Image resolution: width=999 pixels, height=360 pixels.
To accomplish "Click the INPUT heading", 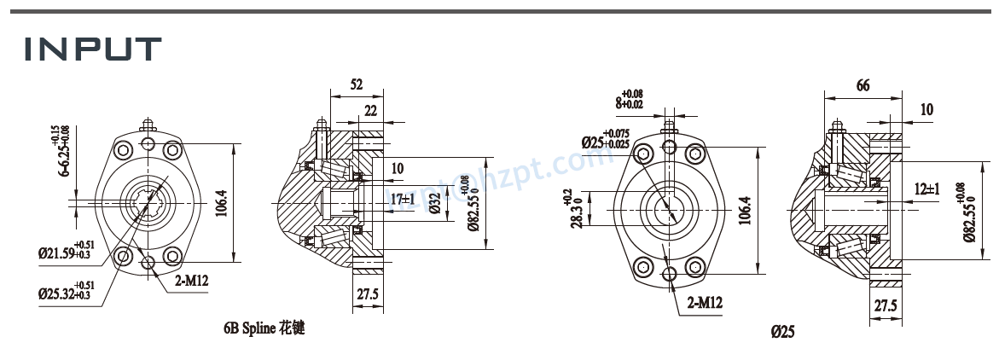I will [92, 49].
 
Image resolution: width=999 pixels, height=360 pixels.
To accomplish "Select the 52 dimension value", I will [357, 84].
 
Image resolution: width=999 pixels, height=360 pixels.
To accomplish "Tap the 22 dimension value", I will [371, 111].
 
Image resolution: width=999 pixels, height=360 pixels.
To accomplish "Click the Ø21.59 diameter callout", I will [65, 253].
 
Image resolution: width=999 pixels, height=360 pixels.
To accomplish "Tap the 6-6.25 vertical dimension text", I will [65, 151].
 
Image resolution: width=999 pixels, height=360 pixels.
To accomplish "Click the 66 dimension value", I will [863, 84].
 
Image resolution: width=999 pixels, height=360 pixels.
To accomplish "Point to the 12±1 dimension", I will [926, 189].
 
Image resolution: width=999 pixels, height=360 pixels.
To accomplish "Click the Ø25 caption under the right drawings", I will [781, 332].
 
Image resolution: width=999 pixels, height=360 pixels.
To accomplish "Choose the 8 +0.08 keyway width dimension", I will [629, 99].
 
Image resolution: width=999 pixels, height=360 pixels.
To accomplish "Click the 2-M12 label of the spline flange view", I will [192, 279].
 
